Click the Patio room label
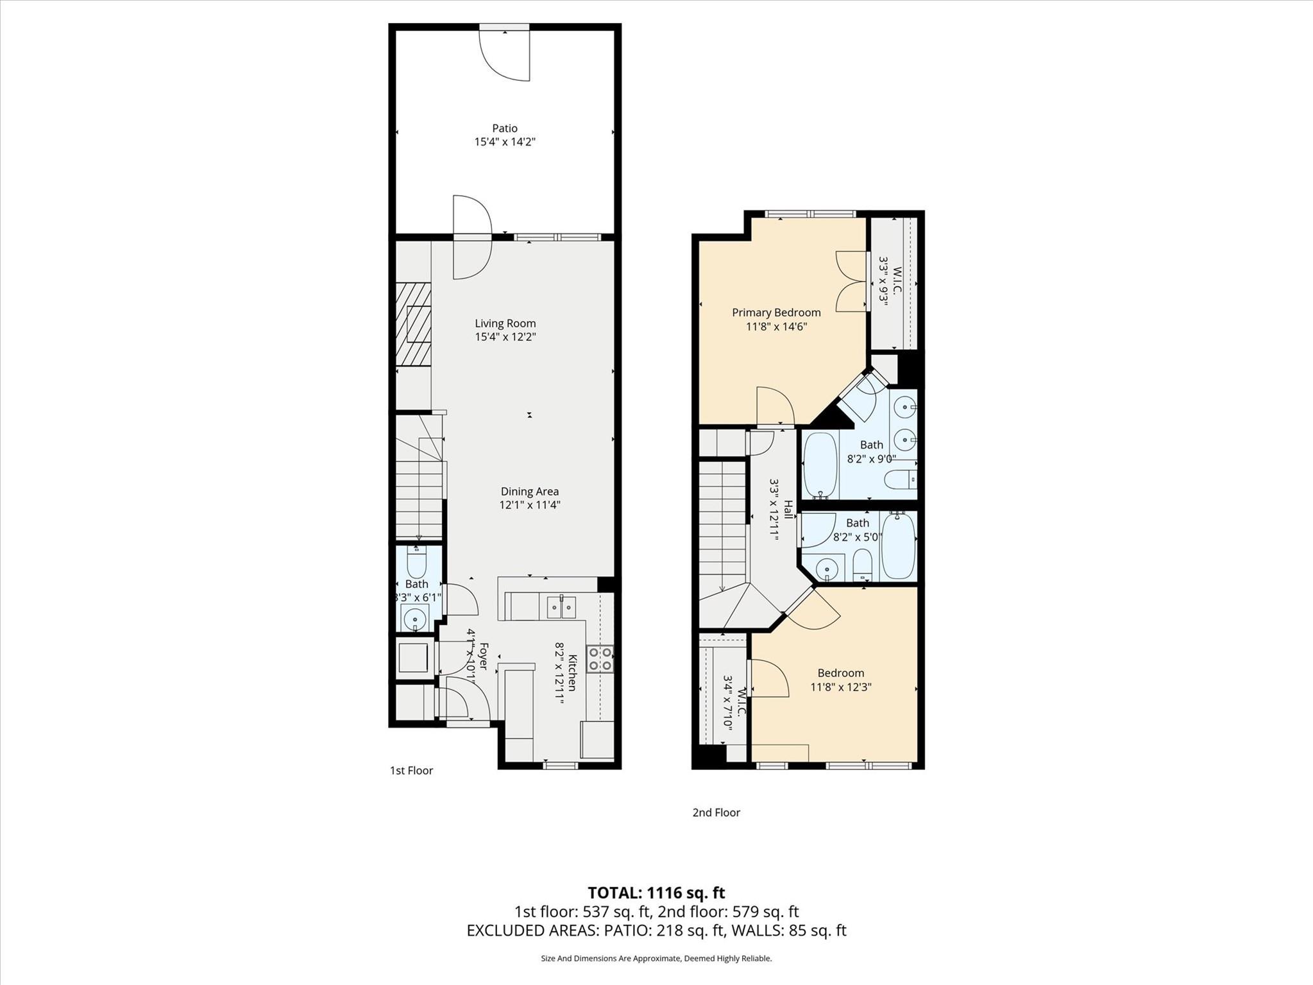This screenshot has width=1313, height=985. pyautogui.click(x=504, y=128)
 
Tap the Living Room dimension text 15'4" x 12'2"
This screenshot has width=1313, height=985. pyautogui.click(x=505, y=337)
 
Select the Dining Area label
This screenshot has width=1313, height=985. pyautogui.click(x=529, y=492)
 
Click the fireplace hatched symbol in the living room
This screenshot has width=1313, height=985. pyautogui.click(x=413, y=324)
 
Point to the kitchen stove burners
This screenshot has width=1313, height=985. pyautogui.click(x=600, y=659)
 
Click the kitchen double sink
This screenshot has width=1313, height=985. pyautogui.click(x=561, y=606)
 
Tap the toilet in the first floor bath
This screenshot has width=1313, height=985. pyautogui.click(x=417, y=563)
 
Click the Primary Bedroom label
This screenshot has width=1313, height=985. pyautogui.click(x=776, y=313)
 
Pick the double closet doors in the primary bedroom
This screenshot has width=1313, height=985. pyautogui.click(x=852, y=281)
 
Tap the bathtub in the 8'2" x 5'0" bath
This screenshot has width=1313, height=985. pyautogui.click(x=898, y=545)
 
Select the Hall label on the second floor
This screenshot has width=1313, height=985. pyautogui.click(x=788, y=510)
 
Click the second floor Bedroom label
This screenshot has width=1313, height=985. pyautogui.click(x=840, y=673)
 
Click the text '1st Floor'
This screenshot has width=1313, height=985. pyautogui.click(x=411, y=771)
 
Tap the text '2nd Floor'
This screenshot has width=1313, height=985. pyautogui.click(x=716, y=812)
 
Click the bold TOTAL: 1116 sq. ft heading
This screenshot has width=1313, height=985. pyautogui.click(x=656, y=893)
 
